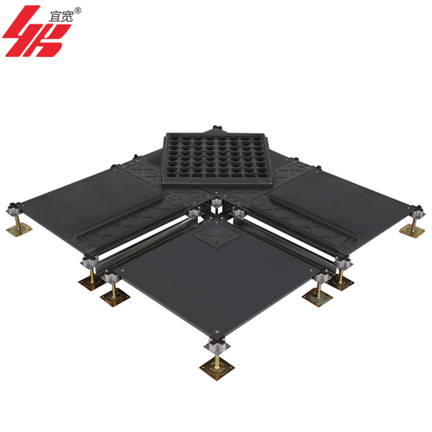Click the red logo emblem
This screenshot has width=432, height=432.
36,31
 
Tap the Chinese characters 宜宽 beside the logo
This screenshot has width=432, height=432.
61,17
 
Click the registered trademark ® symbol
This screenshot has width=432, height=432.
78,10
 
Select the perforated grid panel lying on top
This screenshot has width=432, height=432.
216,159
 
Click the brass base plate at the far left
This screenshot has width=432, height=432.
19,229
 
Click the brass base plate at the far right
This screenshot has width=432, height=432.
412,230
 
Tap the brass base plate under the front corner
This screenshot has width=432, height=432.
217,368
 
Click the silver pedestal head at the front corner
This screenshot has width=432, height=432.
217,346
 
